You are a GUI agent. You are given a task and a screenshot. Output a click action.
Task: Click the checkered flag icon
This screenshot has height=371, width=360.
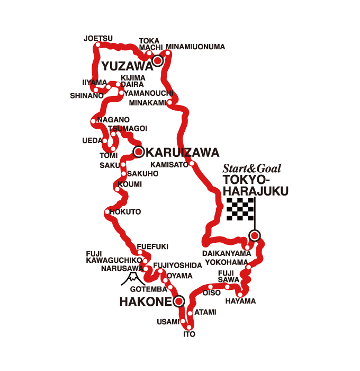point(240,209)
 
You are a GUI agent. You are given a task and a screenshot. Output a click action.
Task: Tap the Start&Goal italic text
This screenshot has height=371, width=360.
point(251,169)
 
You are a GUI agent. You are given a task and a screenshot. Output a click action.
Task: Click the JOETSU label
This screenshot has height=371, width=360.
point(98,38)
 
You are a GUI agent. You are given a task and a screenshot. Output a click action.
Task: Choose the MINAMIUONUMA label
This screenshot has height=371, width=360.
point(195,47)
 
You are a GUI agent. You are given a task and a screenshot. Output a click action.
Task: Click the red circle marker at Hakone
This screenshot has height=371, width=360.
point(178,302)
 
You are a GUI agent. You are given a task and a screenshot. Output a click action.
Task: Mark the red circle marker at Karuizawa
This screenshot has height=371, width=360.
point(138,152)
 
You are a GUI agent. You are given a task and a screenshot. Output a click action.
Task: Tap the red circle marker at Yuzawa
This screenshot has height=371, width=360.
point(157,61)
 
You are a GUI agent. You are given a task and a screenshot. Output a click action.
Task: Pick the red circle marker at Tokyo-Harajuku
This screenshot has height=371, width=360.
point(255,236)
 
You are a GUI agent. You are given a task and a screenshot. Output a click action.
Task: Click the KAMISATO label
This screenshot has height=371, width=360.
point(169,164)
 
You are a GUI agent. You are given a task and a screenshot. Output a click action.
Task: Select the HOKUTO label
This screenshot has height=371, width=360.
point(125,211)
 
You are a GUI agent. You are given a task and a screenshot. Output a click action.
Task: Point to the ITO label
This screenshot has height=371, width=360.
point(190,334)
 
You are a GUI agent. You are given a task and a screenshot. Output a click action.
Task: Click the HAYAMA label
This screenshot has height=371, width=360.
point(240,301)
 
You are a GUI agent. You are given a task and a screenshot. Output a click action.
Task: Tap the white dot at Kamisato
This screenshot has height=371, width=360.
point(192,164)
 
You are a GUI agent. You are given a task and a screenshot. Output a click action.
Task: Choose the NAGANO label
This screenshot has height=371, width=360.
point(113,120)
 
